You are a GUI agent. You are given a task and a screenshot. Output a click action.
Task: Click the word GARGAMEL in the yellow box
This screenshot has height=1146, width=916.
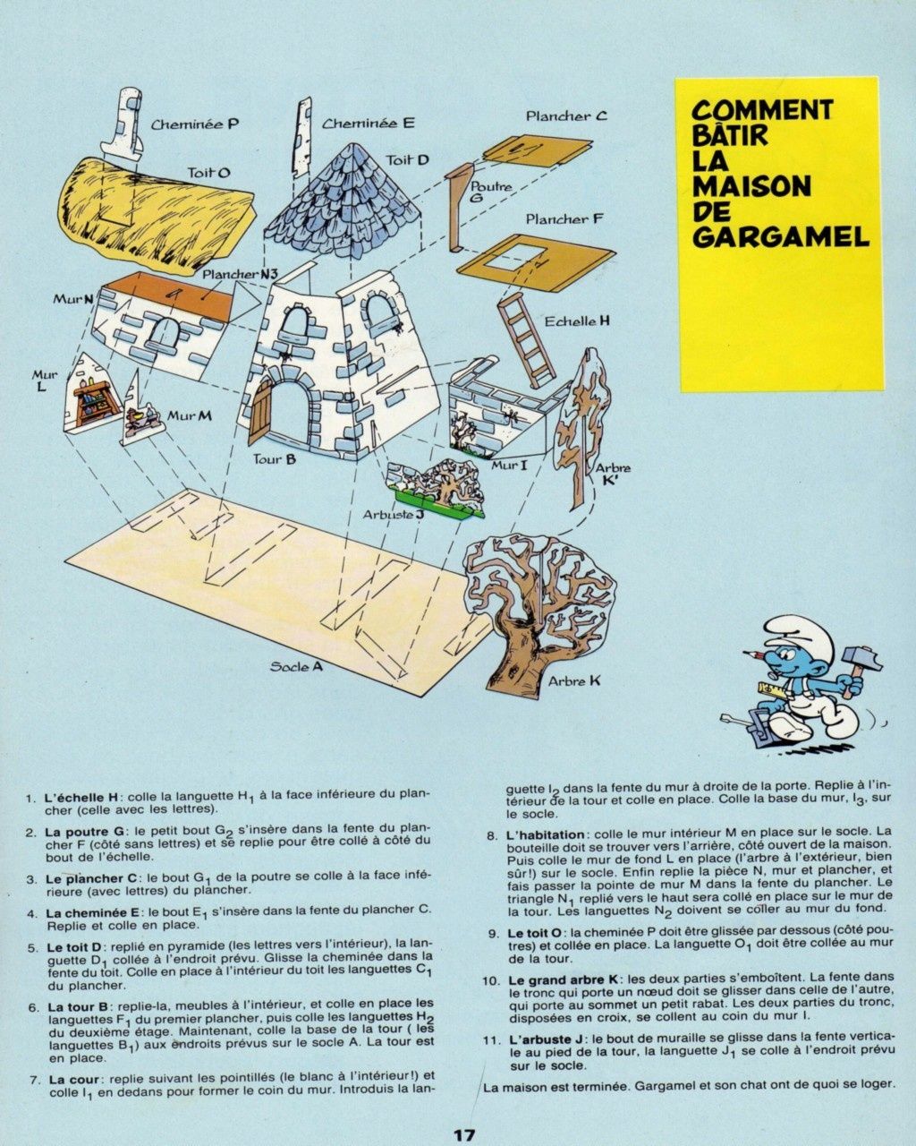[780, 236]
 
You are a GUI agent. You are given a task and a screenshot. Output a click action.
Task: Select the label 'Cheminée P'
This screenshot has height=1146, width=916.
[195, 124]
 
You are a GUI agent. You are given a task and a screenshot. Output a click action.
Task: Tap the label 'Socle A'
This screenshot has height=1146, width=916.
[296, 667]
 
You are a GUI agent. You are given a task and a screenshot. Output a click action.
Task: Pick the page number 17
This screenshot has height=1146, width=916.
[463, 1135]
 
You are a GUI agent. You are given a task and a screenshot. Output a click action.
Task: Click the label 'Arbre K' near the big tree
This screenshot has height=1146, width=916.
[574, 681]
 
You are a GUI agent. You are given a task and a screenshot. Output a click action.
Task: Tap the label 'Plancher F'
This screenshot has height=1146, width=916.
[564, 218]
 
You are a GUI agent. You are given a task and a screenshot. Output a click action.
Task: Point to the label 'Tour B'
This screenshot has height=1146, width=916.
[274, 460]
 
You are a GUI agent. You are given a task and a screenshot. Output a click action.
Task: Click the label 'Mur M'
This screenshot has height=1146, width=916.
[190, 416]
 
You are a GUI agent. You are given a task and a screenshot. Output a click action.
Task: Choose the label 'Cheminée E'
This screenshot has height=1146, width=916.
[368, 124]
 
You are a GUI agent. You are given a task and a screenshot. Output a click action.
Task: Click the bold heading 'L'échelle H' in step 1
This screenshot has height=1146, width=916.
[81, 796]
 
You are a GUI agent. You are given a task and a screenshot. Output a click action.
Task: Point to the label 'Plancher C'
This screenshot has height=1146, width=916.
[566, 115]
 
